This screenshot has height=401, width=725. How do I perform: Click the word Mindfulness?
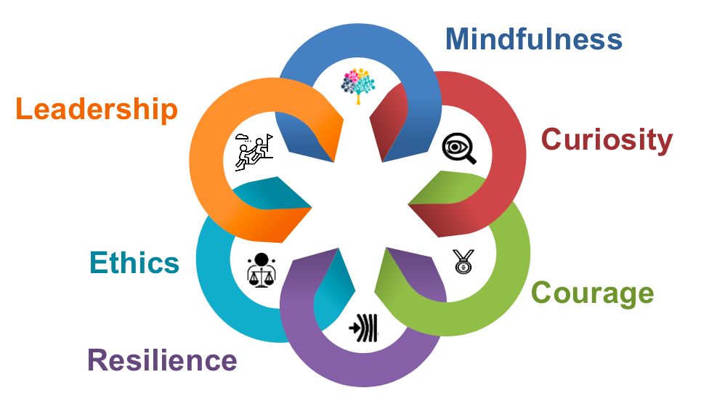point(534,38)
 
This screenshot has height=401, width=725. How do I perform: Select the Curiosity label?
point(607,139)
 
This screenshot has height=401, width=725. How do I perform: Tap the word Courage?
point(592,293)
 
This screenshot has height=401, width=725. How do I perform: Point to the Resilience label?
point(162,360)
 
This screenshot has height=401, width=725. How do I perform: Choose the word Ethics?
point(134,262)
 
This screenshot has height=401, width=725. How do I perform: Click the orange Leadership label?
point(96,110)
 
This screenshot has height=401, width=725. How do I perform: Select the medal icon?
point(461,261)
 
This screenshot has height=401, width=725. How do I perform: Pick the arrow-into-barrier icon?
point(363,328)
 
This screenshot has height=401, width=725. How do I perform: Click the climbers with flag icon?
point(253,151)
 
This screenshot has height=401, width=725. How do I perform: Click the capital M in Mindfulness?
point(458,38)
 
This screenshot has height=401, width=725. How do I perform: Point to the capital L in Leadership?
point(25,110)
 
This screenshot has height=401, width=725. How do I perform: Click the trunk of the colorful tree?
point(357,97)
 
